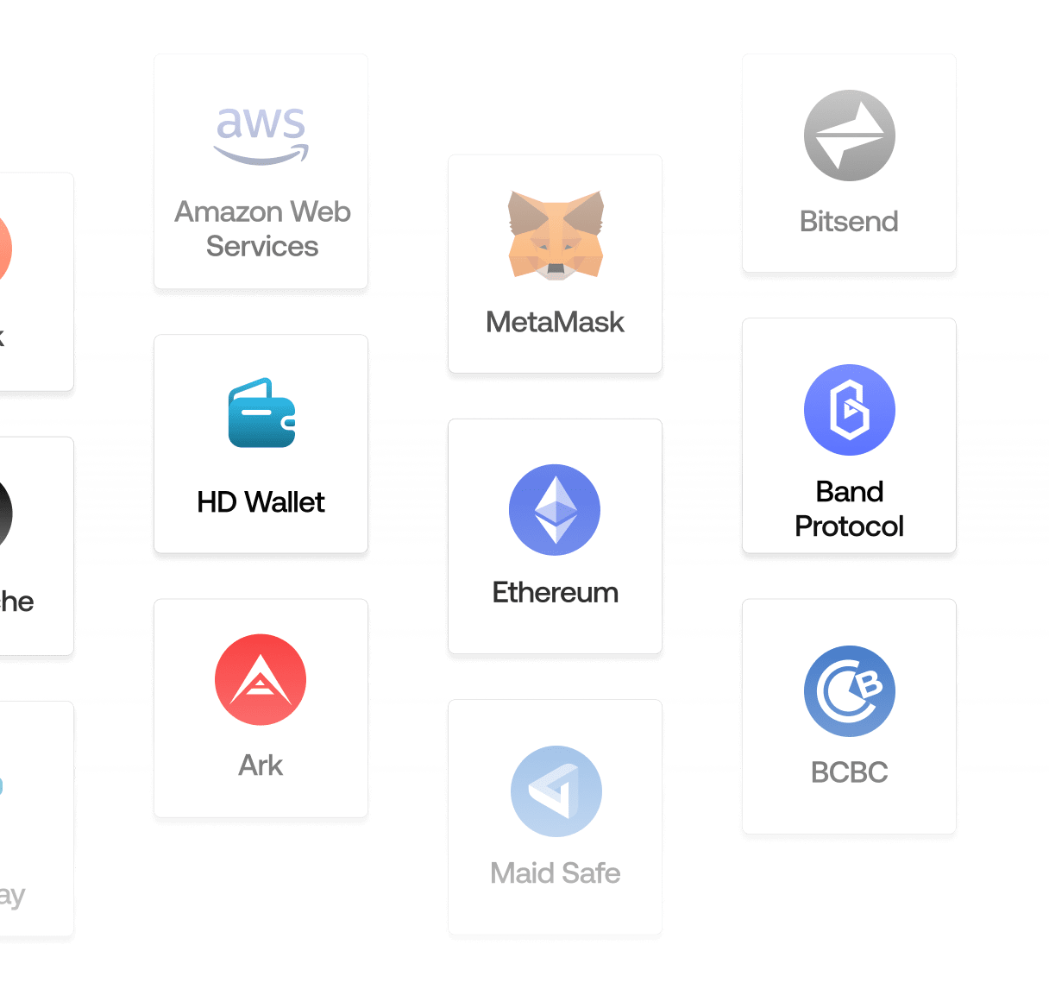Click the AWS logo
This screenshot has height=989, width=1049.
[x=261, y=134]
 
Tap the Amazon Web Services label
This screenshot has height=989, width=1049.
[x=262, y=229]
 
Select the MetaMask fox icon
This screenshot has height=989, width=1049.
[x=556, y=235]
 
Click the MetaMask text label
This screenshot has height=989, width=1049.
[x=555, y=322]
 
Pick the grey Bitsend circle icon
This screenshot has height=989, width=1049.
[x=849, y=135]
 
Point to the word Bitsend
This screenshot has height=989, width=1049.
[x=849, y=222]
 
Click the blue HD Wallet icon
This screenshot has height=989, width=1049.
[x=261, y=413]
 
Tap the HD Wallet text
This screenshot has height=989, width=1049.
[x=261, y=502]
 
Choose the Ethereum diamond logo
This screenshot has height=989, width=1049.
[x=555, y=509]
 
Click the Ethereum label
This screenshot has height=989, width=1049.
[x=555, y=593]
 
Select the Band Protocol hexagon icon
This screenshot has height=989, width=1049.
[x=849, y=409]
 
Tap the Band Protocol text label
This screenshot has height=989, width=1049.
[x=849, y=508]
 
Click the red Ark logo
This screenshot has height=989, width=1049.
[x=261, y=679]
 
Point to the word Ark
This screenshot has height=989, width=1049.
[x=261, y=765]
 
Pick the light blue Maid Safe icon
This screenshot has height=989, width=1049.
[x=556, y=791]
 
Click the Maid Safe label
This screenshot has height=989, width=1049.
[x=555, y=873]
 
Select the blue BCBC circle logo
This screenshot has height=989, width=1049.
[x=849, y=690]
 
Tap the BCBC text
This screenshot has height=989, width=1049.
[x=849, y=772]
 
